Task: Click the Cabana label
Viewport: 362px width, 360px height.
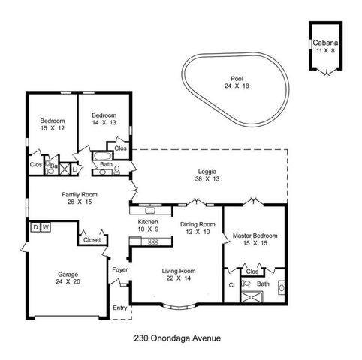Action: (324, 46)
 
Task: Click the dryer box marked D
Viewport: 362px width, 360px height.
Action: (35, 226)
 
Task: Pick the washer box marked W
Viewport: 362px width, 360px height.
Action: (46, 226)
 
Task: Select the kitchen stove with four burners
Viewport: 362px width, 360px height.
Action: (152, 241)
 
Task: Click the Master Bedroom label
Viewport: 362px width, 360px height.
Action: (255, 239)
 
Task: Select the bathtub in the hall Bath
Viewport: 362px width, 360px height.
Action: (101, 157)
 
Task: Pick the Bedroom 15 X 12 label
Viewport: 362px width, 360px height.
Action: (52, 125)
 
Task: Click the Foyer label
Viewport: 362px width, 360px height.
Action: (119, 269)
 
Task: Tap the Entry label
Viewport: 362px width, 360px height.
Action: (119, 307)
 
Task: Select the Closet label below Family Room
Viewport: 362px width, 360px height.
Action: (92, 240)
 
